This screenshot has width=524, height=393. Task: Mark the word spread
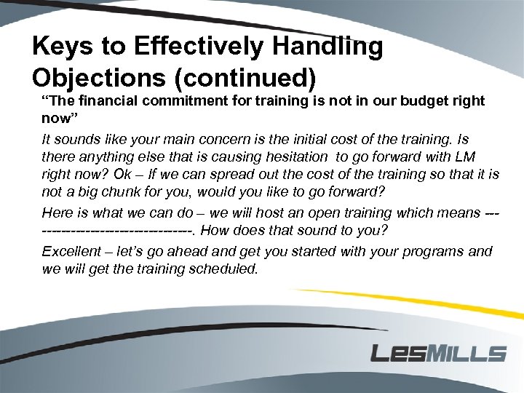coord(232,175)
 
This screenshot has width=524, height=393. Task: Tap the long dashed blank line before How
coord(117,231)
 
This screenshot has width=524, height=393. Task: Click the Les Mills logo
coord(438,354)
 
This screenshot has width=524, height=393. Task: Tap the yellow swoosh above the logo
coord(408,306)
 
